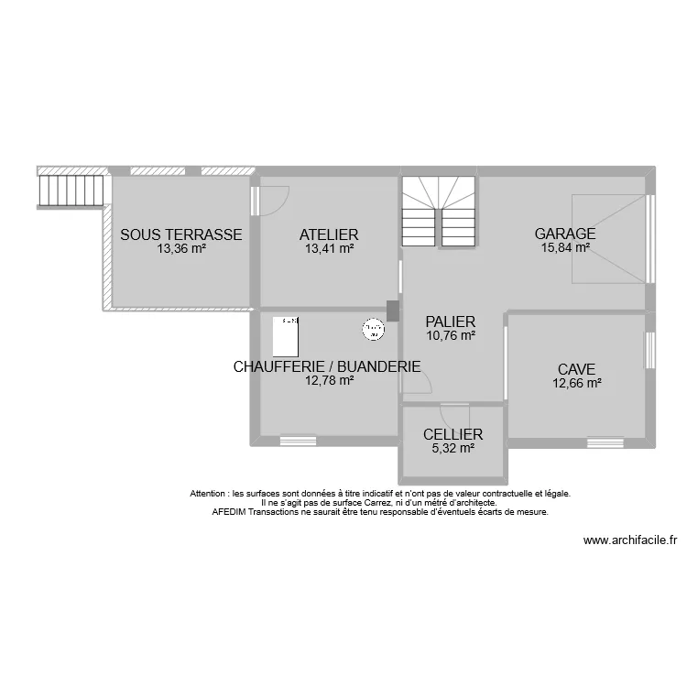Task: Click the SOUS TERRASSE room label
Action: point(181,234)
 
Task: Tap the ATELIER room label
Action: point(328,234)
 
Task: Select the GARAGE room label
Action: point(565,234)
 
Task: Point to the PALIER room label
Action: point(450,322)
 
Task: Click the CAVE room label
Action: point(576,370)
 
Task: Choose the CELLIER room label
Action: point(453,435)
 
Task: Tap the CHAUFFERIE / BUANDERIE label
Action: point(327,367)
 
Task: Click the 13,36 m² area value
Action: point(181,248)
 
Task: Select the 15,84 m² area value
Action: point(565,247)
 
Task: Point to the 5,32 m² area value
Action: point(453,449)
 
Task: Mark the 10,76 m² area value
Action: point(450,336)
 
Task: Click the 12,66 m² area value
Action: point(576,384)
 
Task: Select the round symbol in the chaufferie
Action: point(373,328)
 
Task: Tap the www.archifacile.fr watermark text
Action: point(629,541)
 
